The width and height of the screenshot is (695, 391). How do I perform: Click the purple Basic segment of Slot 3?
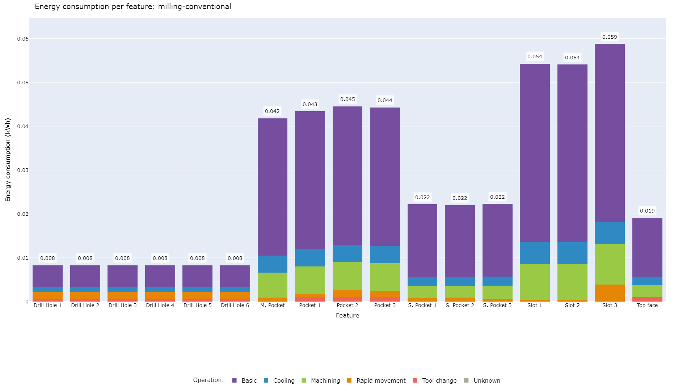610,133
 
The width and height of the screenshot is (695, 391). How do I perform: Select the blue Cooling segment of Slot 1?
535,253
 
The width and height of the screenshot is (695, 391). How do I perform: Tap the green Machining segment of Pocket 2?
347,276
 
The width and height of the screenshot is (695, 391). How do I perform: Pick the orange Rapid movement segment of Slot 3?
610,293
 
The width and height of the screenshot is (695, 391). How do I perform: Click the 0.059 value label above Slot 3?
610,37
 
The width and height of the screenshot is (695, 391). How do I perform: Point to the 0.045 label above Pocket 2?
347,99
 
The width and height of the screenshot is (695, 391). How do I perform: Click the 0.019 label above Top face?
647,211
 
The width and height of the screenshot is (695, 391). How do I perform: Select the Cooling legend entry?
279,381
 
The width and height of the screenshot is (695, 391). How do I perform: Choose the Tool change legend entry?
435,381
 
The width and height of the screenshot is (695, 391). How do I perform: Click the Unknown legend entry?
483,381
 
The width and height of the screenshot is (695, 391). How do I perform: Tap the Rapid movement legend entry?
376,381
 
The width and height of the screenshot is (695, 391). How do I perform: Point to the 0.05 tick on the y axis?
23,83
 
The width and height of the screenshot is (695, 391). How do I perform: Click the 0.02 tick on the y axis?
23,214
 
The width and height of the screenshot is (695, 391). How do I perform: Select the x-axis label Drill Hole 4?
160,305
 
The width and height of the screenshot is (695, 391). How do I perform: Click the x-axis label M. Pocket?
273,305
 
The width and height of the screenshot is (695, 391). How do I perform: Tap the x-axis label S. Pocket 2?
460,305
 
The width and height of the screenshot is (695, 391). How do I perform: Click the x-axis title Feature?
347,315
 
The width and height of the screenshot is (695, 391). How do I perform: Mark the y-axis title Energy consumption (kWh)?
8,160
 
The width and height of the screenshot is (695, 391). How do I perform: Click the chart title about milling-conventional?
133,7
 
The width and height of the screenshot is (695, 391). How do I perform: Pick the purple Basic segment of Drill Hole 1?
47,276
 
